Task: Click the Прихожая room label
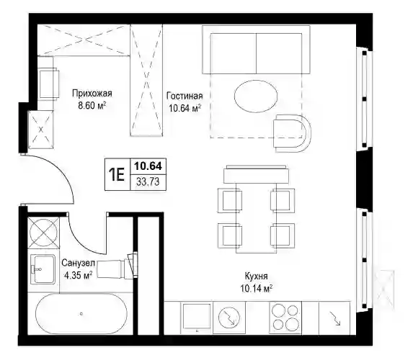pos(92,94)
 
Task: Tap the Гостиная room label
pos(185,96)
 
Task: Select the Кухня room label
pos(256,276)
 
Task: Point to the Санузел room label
pos(78,263)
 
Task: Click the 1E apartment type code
pos(117,175)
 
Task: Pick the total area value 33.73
pos(148,182)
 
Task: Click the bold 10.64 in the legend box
pos(148,166)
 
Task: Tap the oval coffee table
pos(256,96)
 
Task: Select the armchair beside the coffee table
pos(292,133)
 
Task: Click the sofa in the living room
pos(256,50)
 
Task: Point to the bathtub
pos(81,314)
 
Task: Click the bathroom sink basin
pos(43,269)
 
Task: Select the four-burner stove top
pos(285,318)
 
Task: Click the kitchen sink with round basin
pos(229,318)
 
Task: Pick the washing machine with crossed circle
pos(44,233)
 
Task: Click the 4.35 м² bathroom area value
pos(79,276)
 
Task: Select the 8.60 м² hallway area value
pos(92,106)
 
